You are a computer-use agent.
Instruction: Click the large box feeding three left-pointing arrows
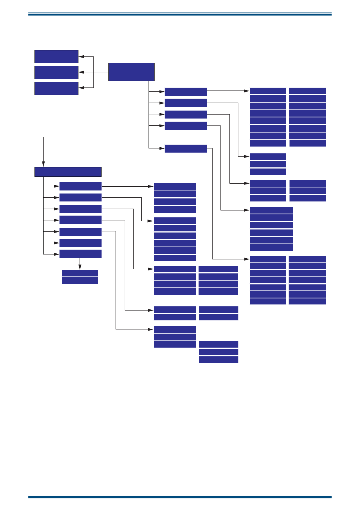(131, 72)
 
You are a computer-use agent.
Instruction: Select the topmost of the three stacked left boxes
(56, 56)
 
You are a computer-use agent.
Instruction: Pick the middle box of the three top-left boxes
(56, 72)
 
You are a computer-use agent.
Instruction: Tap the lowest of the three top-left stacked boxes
(56, 88)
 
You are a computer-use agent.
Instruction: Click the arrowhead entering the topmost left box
(81, 56)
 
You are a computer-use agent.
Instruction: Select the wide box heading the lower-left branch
(68, 172)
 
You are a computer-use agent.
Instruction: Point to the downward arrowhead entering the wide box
(44, 164)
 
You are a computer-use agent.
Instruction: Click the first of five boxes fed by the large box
(186, 92)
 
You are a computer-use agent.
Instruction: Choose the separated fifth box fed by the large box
(186, 148)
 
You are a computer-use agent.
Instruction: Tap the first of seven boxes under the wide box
(80, 186)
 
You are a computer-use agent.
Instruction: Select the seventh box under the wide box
(80, 254)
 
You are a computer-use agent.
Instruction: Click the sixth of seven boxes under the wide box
(80, 243)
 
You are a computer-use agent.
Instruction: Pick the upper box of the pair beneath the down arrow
(80, 273)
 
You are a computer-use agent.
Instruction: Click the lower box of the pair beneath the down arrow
(80, 281)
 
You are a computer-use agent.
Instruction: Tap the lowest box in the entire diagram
(218, 360)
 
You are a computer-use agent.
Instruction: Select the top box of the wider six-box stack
(271, 210)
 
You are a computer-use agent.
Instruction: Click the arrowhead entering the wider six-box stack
(247, 210)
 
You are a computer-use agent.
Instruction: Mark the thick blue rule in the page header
(180, 14)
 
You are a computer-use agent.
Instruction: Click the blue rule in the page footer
(180, 497)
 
